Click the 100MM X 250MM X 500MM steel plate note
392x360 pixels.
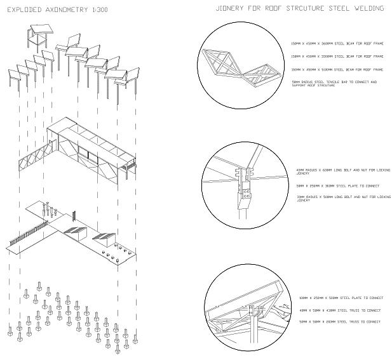tap(341, 298)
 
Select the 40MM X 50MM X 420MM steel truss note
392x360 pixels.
tap(339, 310)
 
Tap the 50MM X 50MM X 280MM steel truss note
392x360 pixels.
tap(339, 323)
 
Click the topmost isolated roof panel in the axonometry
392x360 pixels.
tap(39, 32)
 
